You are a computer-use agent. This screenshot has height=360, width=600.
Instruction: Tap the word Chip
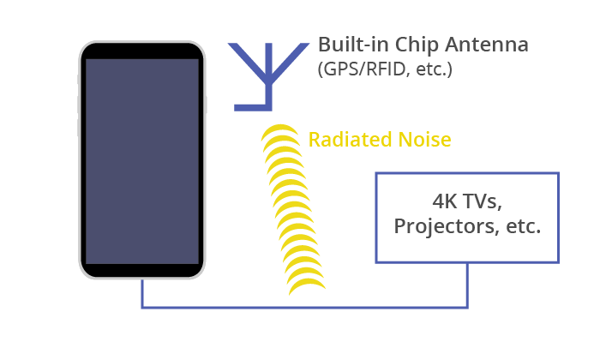pyautogui.click(x=417, y=45)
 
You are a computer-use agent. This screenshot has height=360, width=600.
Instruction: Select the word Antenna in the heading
pyautogui.click(x=487, y=45)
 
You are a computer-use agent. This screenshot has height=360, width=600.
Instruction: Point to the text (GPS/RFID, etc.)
pyautogui.click(x=385, y=69)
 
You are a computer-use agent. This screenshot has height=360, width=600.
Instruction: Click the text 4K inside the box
pyautogui.click(x=445, y=201)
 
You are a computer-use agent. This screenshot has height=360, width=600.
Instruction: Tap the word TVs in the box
pyautogui.click(x=482, y=201)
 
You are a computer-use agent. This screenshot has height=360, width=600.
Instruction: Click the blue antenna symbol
pyautogui.click(x=268, y=76)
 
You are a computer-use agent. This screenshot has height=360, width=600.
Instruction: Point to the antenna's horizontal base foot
pyautogui.click(x=253, y=108)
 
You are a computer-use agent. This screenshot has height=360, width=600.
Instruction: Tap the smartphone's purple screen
pyautogui.click(x=142, y=161)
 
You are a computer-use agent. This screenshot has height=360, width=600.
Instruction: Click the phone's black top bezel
pyautogui.click(x=142, y=51)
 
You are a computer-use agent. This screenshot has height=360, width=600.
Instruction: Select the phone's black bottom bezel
pyautogui.click(x=142, y=270)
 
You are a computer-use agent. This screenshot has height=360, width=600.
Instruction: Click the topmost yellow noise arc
pyautogui.click(x=280, y=129)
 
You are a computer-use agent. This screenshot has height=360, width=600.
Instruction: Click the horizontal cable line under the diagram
pyautogui.click(x=304, y=307)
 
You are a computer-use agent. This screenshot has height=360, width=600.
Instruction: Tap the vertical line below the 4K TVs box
pyautogui.click(x=467, y=285)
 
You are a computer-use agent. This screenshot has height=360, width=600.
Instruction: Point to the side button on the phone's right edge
pyautogui.click(x=206, y=105)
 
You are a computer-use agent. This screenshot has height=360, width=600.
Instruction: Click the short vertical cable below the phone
pyautogui.click(x=142, y=293)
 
